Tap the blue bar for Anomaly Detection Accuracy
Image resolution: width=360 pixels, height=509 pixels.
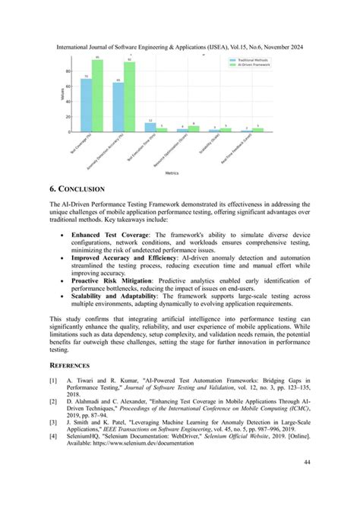pyautogui.click(x=118, y=106)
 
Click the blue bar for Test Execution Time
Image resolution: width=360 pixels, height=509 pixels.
pyautogui.click(x=150, y=128)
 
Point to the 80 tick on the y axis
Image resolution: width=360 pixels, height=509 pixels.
pyautogui.click(x=68, y=71)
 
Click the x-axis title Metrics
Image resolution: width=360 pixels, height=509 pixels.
pyautogui.click(x=172, y=172)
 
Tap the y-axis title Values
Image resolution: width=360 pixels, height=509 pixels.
pyautogui.click(x=61, y=94)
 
